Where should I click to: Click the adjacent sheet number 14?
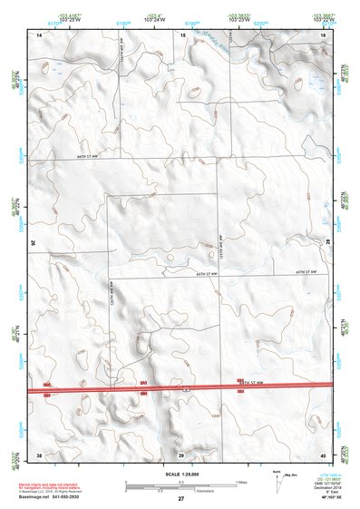point(39,34)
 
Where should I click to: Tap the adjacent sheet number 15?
point(182,34)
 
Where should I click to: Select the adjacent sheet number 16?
point(324,34)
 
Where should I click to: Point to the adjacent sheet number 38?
point(39,454)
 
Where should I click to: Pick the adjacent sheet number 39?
point(180,454)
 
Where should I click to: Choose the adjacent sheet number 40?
point(324,454)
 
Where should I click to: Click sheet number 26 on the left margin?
point(34,242)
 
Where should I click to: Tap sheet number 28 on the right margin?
point(328,242)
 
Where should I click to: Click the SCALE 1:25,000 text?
point(181,475)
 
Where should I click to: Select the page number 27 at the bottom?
point(181,499)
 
